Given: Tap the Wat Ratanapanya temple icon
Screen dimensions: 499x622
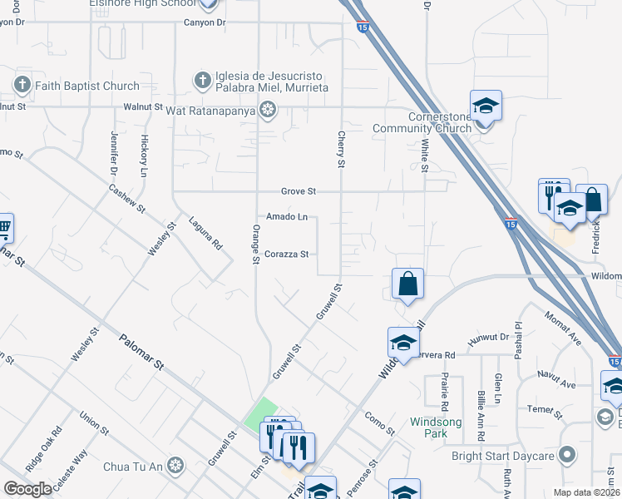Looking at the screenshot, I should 268,107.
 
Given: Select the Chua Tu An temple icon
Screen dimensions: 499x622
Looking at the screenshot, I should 175,464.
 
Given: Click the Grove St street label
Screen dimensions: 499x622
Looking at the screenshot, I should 299,191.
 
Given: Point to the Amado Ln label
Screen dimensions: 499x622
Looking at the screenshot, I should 287,217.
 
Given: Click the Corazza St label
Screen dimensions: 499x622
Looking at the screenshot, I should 287,254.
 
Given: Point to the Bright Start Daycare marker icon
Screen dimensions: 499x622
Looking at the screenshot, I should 568,455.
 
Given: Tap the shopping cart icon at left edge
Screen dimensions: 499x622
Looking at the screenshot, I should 4,226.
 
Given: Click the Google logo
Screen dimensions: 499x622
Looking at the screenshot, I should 27,489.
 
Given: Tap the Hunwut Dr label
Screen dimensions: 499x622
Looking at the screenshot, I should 492,337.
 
